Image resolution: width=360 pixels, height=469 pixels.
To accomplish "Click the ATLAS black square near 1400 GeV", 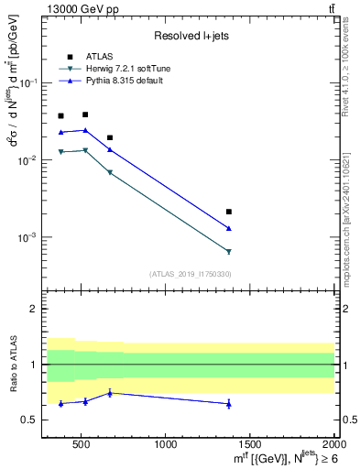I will click(x=228, y=212).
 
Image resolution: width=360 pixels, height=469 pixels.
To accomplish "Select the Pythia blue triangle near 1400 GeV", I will click(x=228, y=228).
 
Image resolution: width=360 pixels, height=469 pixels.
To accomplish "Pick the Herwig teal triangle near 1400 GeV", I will click(x=228, y=251).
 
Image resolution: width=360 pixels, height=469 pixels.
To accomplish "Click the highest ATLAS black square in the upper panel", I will click(x=85, y=115).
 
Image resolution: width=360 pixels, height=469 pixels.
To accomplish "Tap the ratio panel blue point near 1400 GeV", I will click(x=228, y=404).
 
